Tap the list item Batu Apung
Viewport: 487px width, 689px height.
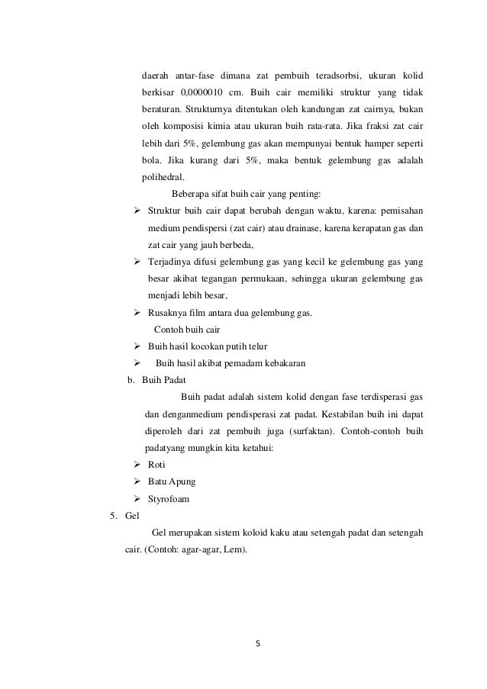pyautogui.click(x=172, y=482)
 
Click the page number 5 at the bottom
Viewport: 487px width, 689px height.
pyautogui.click(x=258, y=642)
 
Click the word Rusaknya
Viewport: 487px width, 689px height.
pyautogui.click(x=167, y=313)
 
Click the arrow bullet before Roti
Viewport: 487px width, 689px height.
pyautogui.click(x=137, y=465)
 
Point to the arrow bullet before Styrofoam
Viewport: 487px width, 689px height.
pyautogui.click(x=137, y=499)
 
